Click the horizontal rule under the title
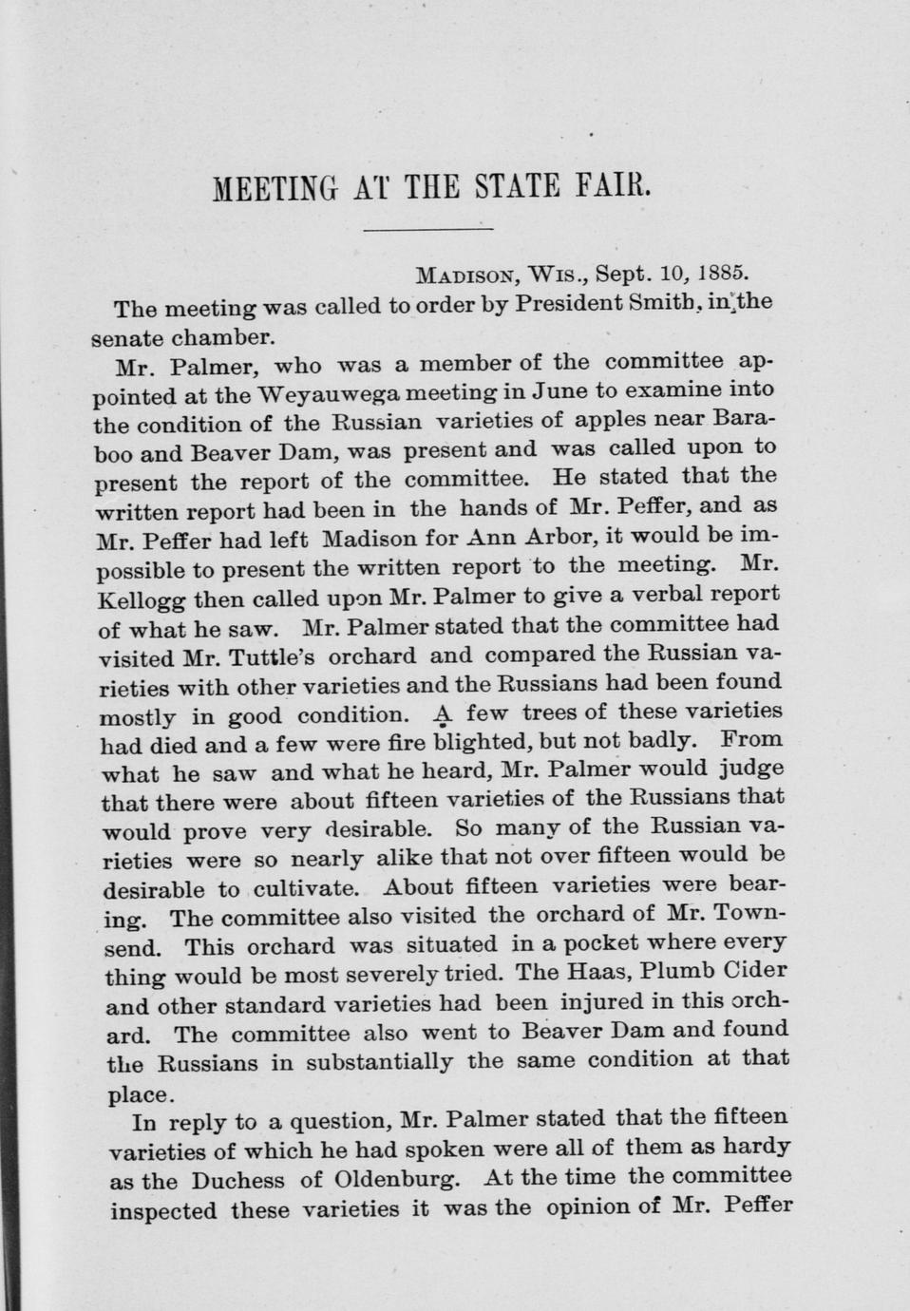428,229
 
